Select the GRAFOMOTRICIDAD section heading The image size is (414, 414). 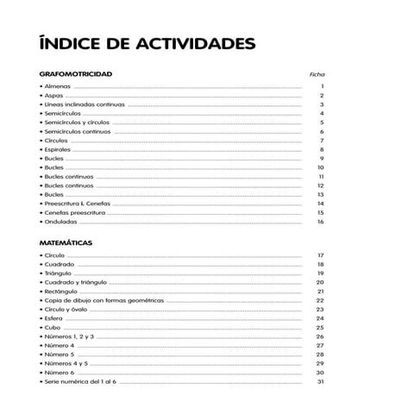point(76,74)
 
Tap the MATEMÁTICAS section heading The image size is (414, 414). point(66,243)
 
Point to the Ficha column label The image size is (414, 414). point(317,75)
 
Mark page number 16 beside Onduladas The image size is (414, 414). point(320,222)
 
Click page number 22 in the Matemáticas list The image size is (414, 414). point(320,300)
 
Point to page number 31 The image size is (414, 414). point(320,381)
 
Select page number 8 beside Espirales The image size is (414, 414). point(322,150)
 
